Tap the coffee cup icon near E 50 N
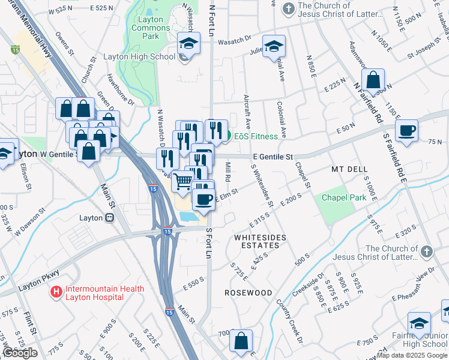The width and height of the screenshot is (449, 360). (x=407, y=131)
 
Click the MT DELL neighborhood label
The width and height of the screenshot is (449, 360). (x=349, y=170)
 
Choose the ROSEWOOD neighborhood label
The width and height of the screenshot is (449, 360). (x=248, y=292)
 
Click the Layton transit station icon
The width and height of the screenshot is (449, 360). (x=110, y=218)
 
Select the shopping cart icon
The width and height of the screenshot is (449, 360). (x=182, y=180)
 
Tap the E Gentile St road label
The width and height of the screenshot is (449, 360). (x=273, y=157)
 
